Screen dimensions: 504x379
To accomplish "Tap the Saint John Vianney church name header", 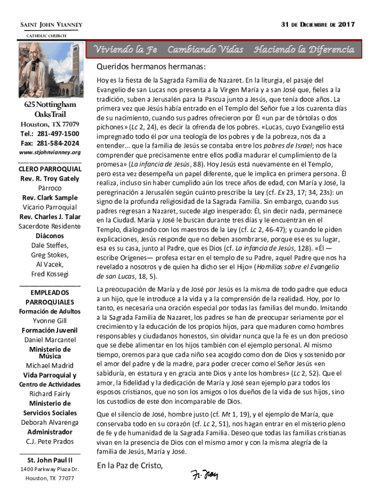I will tap(51, 25).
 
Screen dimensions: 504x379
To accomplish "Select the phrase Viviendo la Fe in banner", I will tap(126, 50).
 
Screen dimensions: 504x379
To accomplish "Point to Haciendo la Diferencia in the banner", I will tap(303, 50).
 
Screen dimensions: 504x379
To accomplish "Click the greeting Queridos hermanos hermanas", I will tap(151, 67).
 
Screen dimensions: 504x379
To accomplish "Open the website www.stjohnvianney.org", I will tap(50, 153).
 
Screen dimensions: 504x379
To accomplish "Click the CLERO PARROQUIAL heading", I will tap(50, 169).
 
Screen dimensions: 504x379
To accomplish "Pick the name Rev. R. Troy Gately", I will tap(50, 179).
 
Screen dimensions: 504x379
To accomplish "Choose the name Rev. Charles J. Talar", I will tap(50, 217).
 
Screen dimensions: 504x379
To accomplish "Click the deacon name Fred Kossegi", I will tap(50, 274).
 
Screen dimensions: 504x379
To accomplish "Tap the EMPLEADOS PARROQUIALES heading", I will tap(50, 297).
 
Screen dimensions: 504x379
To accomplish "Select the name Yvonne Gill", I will tap(50, 321).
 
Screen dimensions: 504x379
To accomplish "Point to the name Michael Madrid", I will tap(50, 365).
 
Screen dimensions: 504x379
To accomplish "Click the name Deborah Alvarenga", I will tap(50, 422).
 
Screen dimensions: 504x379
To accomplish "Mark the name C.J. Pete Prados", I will tap(50, 441).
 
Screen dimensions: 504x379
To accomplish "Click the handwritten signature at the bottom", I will tap(204, 474).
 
